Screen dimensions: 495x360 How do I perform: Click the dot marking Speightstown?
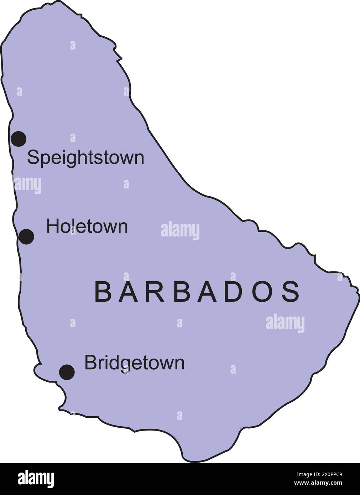coord(19,139)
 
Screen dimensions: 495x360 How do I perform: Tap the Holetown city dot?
coord(26,236)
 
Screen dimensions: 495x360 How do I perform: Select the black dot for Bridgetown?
coord(67,372)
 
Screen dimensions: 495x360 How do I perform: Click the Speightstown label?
coord(85,158)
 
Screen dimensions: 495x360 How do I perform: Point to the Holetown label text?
coord(87,226)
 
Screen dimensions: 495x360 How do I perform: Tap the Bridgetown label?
coord(134,363)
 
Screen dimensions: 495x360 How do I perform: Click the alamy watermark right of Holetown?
coord(180,231)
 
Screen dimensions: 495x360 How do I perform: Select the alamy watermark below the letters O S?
coord(285,323)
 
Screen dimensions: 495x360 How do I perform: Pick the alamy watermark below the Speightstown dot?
coord(27,185)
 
